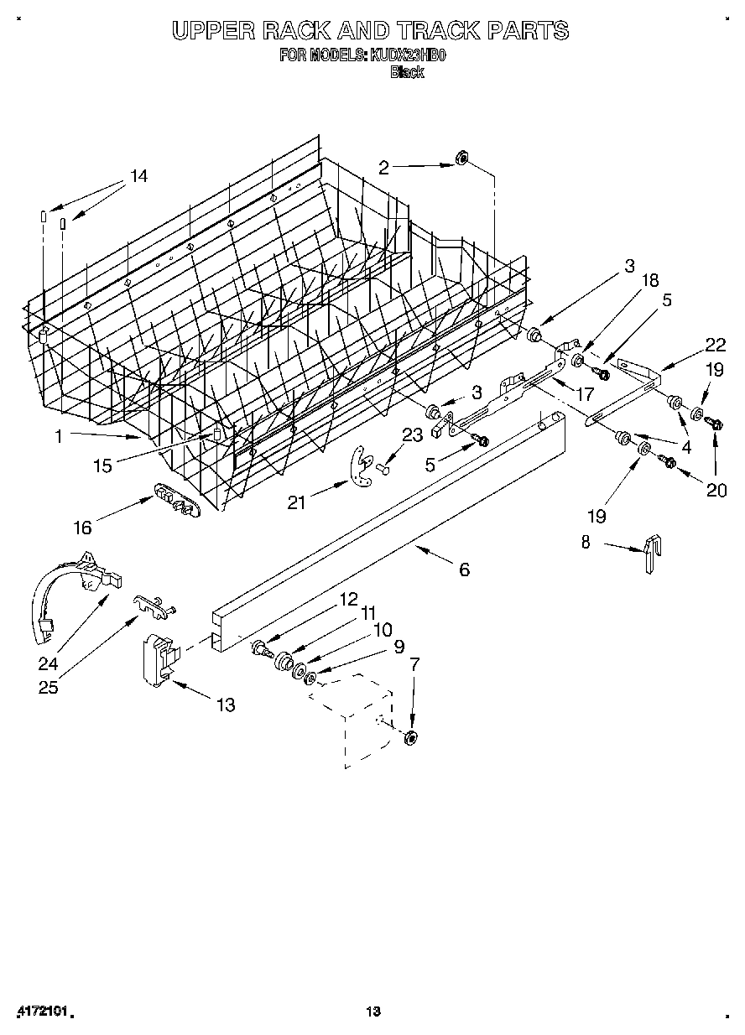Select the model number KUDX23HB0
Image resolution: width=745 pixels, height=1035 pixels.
[x=409, y=56]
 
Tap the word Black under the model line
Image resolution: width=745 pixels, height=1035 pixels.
[x=407, y=72]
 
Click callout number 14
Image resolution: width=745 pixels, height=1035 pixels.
[x=138, y=176]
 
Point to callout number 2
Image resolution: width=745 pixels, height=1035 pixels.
[x=383, y=168]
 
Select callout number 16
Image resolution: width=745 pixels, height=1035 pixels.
[x=82, y=527]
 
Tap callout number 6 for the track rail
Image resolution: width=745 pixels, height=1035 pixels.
[x=464, y=570]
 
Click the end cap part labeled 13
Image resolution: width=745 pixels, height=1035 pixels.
[x=159, y=654]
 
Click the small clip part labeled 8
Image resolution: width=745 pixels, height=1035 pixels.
[x=651, y=554]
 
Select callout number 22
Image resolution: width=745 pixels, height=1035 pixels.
[x=715, y=344]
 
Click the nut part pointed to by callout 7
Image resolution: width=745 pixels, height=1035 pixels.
[x=410, y=737]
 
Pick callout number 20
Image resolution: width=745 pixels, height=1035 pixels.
[x=716, y=491]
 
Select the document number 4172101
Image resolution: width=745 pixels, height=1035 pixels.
[x=40, y=1012]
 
